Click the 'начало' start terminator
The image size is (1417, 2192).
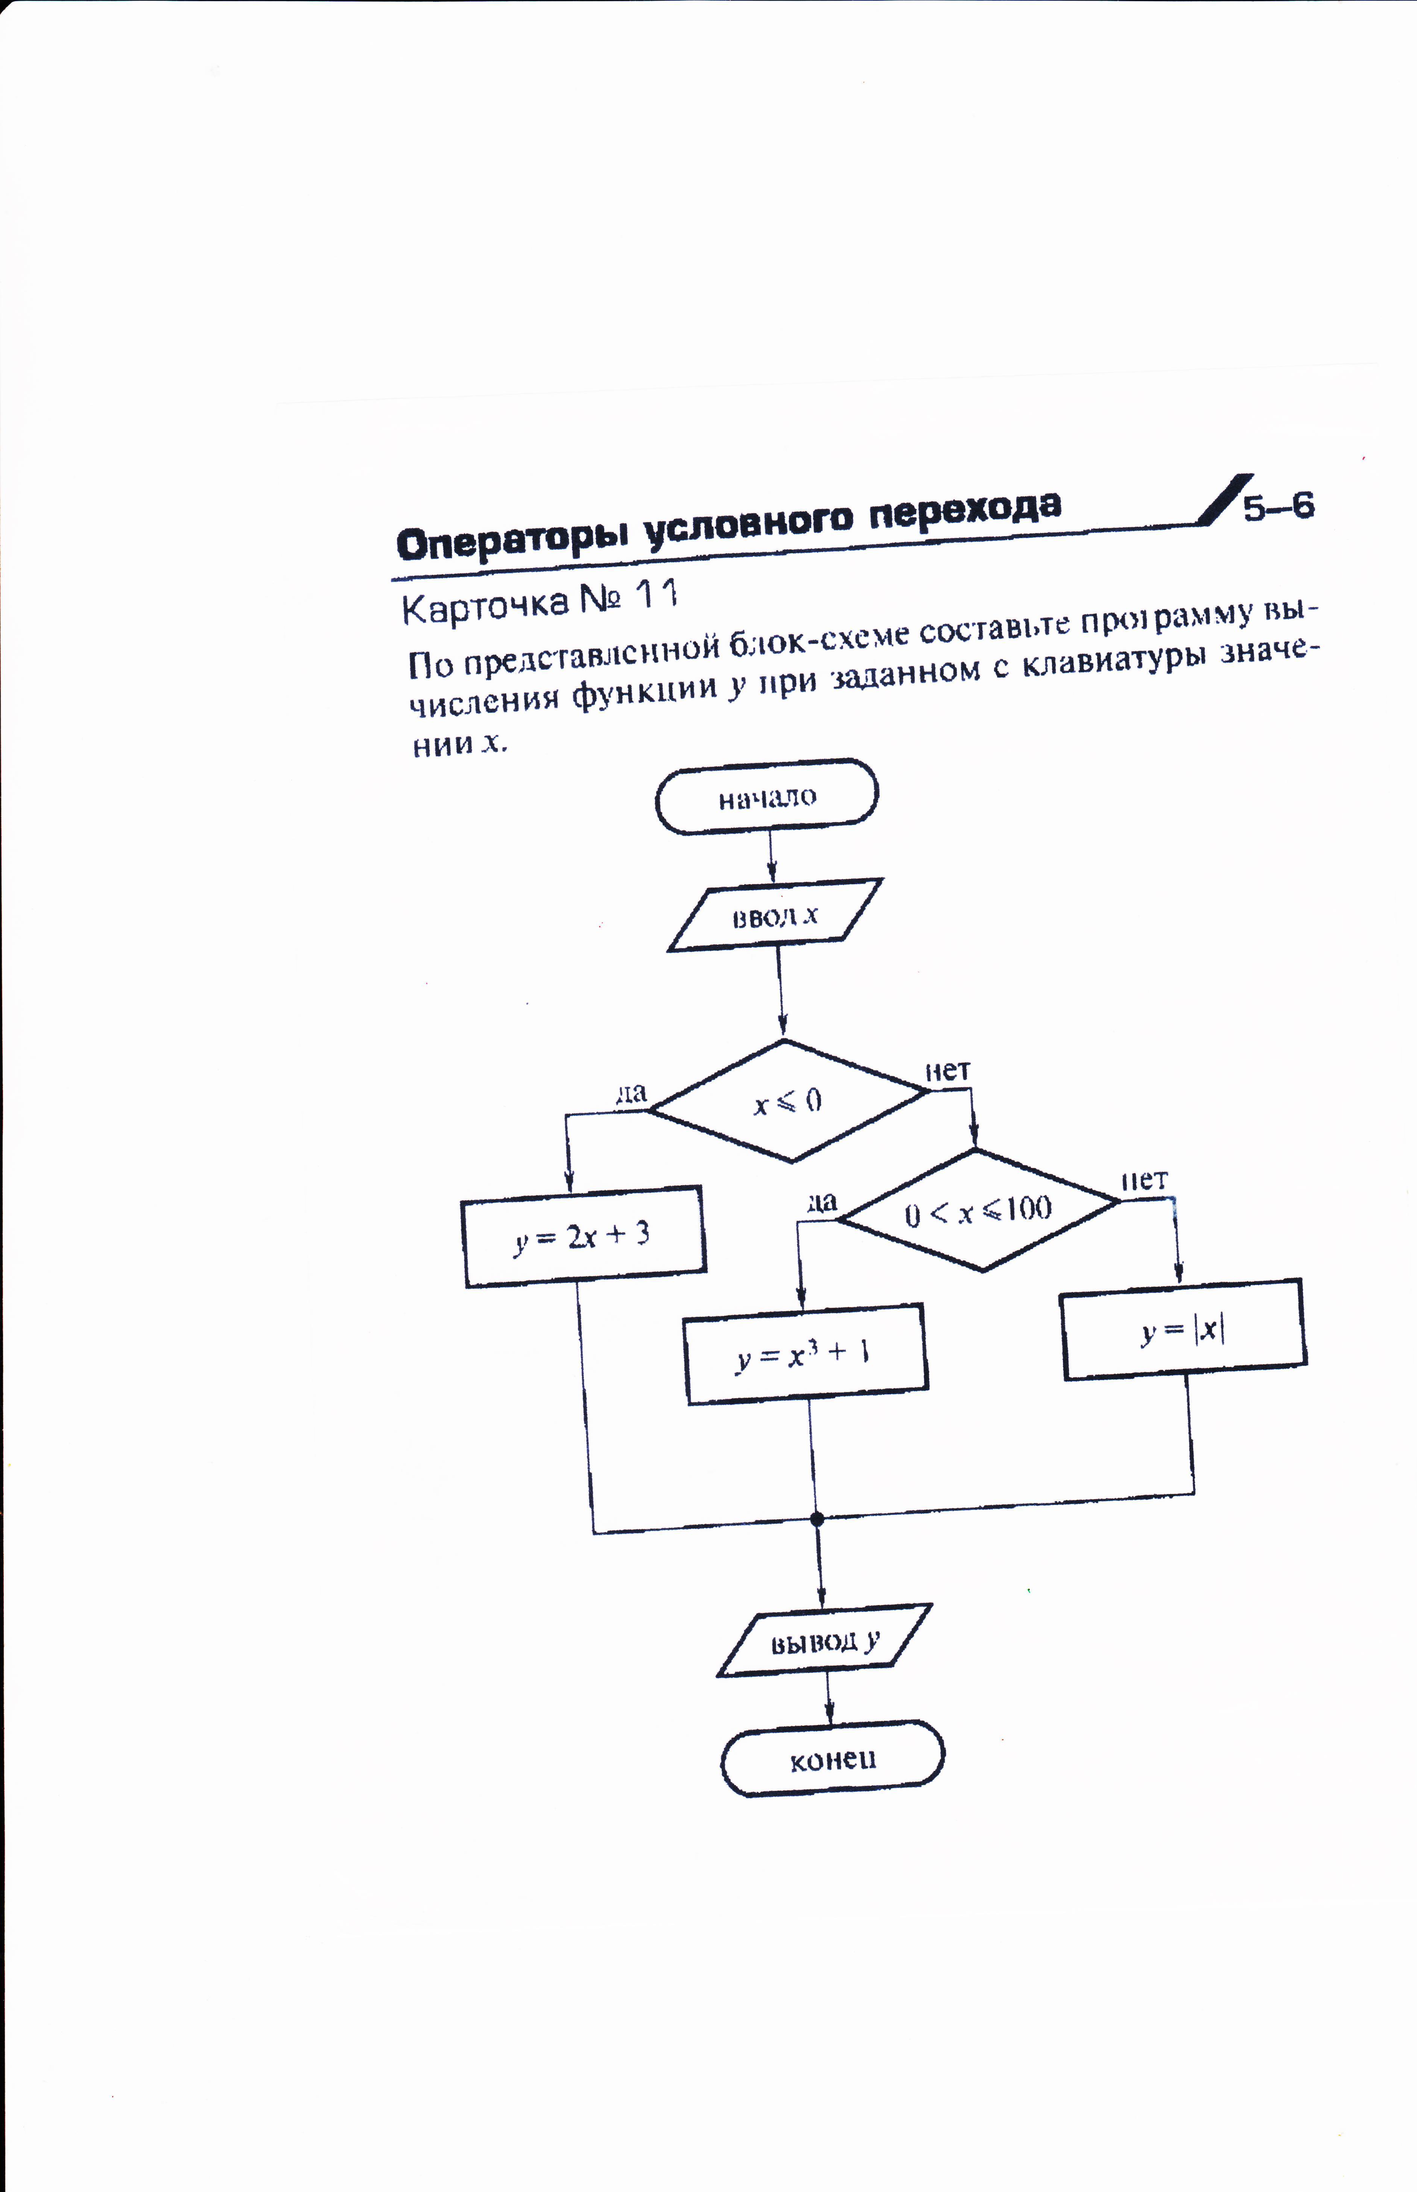pos(766,797)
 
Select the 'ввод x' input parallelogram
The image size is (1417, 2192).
pos(775,915)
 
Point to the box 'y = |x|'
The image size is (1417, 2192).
pos(1183,1330)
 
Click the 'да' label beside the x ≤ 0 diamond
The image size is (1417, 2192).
pos(631,1094)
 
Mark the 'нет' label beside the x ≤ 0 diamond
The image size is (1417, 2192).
pos(948,1071)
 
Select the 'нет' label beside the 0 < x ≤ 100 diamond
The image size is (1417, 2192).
pos(1144,1180)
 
